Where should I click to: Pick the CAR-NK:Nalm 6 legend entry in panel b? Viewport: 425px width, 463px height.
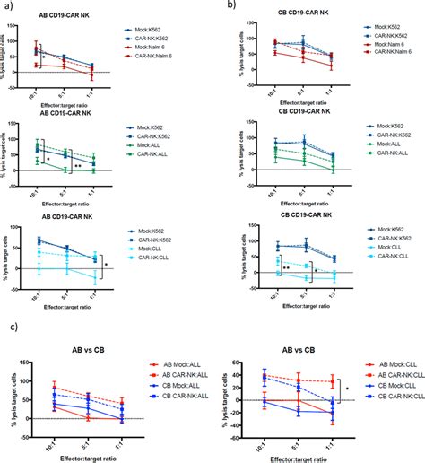click(x=392, y=61)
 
